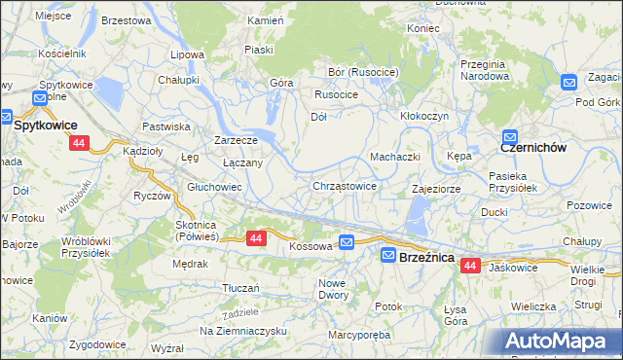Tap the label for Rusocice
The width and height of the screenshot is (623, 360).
pos(336,94)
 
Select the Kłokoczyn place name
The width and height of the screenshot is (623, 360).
pos(423,115)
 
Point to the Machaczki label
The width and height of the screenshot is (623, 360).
pos(394,157)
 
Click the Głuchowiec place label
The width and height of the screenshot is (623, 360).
pos(214,187)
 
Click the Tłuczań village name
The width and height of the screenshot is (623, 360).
pos(240,288)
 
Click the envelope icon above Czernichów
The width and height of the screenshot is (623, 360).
pos(510,137)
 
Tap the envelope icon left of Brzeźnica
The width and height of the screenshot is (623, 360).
pos(388,255)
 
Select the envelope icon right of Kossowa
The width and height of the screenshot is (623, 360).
pos(348,241)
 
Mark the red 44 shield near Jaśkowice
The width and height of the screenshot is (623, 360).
pos(471,265)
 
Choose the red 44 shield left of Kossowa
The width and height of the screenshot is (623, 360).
pos(255,237)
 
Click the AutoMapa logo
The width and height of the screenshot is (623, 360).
pos(559,341)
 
